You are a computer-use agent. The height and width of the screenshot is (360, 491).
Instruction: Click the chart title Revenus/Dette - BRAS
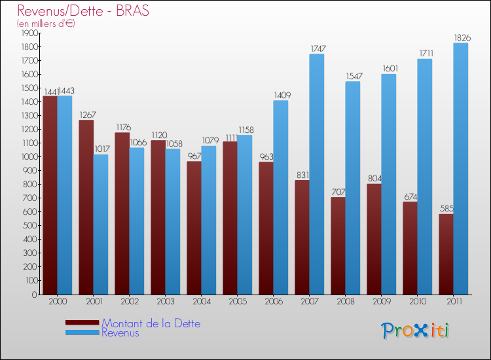click(83, 10)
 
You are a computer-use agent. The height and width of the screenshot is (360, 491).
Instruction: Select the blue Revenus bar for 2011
click(460, 169)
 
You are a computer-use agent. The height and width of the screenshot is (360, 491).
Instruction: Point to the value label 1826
click(461, 38)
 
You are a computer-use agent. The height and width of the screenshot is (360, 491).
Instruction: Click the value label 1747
click(318, 49)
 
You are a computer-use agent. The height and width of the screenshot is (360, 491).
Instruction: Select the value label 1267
click(86, 115)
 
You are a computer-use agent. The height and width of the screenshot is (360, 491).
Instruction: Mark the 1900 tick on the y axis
click(30, 33)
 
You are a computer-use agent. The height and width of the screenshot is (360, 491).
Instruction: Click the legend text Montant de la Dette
click(151, 323)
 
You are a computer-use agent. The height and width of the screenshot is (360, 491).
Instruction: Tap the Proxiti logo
click(414, 331)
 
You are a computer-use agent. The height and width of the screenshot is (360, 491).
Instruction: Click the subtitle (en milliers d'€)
click(46, 24)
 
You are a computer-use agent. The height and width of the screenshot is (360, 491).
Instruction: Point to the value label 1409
click(282, 96)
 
